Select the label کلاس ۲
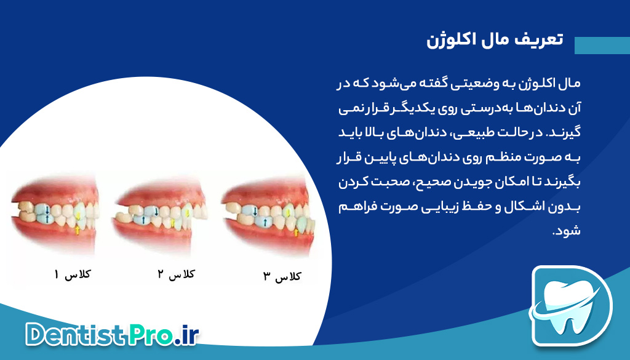click(177, 274)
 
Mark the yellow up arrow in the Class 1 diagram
click(78, 230)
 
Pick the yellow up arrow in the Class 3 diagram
click(296, 232)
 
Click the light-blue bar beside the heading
click(601, 46)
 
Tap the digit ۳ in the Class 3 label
click(266, 278)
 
